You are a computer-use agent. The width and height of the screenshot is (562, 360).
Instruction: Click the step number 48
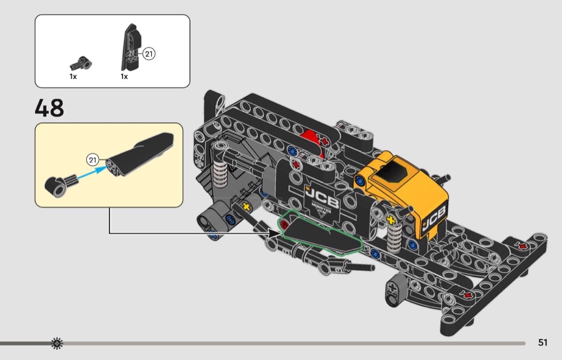(x=49, y=108)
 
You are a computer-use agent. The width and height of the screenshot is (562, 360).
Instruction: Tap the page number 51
(x=543, y=342)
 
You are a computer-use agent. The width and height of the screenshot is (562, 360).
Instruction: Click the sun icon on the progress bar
(x=57, y=343)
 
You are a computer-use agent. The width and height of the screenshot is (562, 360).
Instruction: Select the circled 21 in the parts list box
(x=149, y=54)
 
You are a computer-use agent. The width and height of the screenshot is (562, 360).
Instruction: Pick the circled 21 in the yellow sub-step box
(x=93, y=160)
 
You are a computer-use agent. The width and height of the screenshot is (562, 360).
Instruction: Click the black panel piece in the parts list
(x=131, y=47)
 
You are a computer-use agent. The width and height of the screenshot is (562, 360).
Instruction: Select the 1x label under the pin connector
(x=73, y=76)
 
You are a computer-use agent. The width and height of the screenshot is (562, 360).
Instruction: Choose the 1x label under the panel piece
(x=124, y=76)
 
